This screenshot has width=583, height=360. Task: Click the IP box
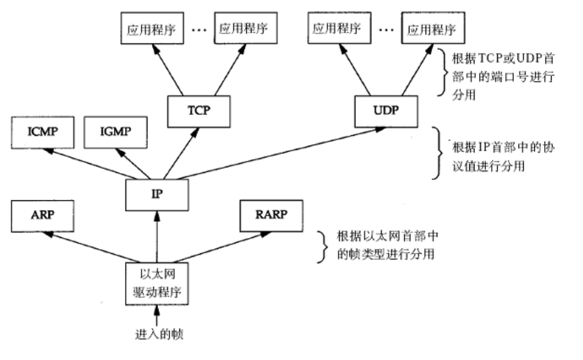157,195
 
